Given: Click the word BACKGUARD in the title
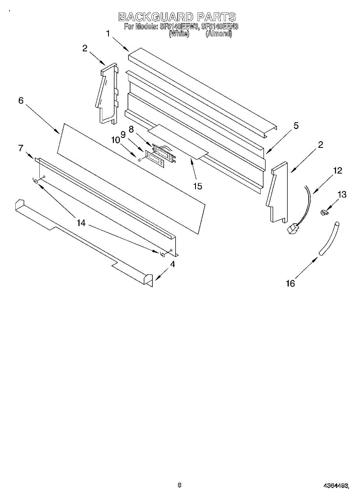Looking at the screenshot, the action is tap(156, 17).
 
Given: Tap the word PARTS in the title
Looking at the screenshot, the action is tap(216, 17).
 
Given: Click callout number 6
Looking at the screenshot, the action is tap(21, 100).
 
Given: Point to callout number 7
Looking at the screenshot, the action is tap(21, 148).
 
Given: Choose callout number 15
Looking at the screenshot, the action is tap(198, 186).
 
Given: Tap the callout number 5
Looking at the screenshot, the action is tap(296, 125).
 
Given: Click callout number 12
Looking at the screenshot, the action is tap(338, 170).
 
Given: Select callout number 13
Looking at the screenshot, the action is tap(342, 195).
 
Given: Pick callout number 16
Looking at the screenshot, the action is tap(290, 283).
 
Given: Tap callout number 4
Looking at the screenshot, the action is tap(172, 264).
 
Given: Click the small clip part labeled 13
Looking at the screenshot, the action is tap(324, 213).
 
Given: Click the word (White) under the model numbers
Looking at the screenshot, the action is tap(179, 34).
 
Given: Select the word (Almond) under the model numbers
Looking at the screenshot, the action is tap(219, 34).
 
